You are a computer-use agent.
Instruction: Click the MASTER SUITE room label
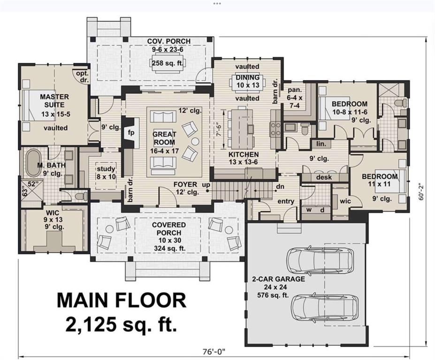point(54,101)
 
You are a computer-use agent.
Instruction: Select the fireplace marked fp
point(131,133)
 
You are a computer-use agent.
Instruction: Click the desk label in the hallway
point(324,177)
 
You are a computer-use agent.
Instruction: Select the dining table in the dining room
point(247,83)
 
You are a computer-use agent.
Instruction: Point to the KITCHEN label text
point(244,154)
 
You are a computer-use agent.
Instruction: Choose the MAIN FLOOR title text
point(121,300)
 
